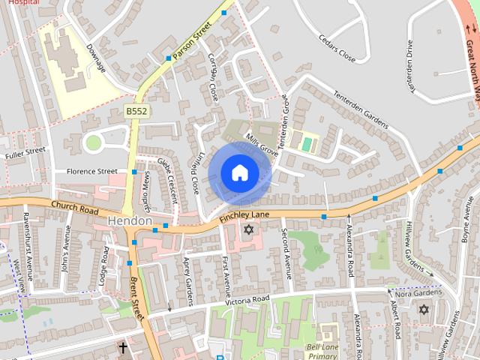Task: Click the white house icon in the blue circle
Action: click(x=238, y=172)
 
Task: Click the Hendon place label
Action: click(x=130, y=222)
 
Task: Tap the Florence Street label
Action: click(x=91, y=171)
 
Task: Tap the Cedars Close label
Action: click(x=336, y=47)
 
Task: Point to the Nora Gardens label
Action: click(x=415, y=293)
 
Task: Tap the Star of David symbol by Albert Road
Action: click(x=424, y=309)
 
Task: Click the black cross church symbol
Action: click(x=123, y=347)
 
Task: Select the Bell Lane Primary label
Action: click(x=323, y=351)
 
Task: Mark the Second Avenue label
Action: click(x=286, y=252)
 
